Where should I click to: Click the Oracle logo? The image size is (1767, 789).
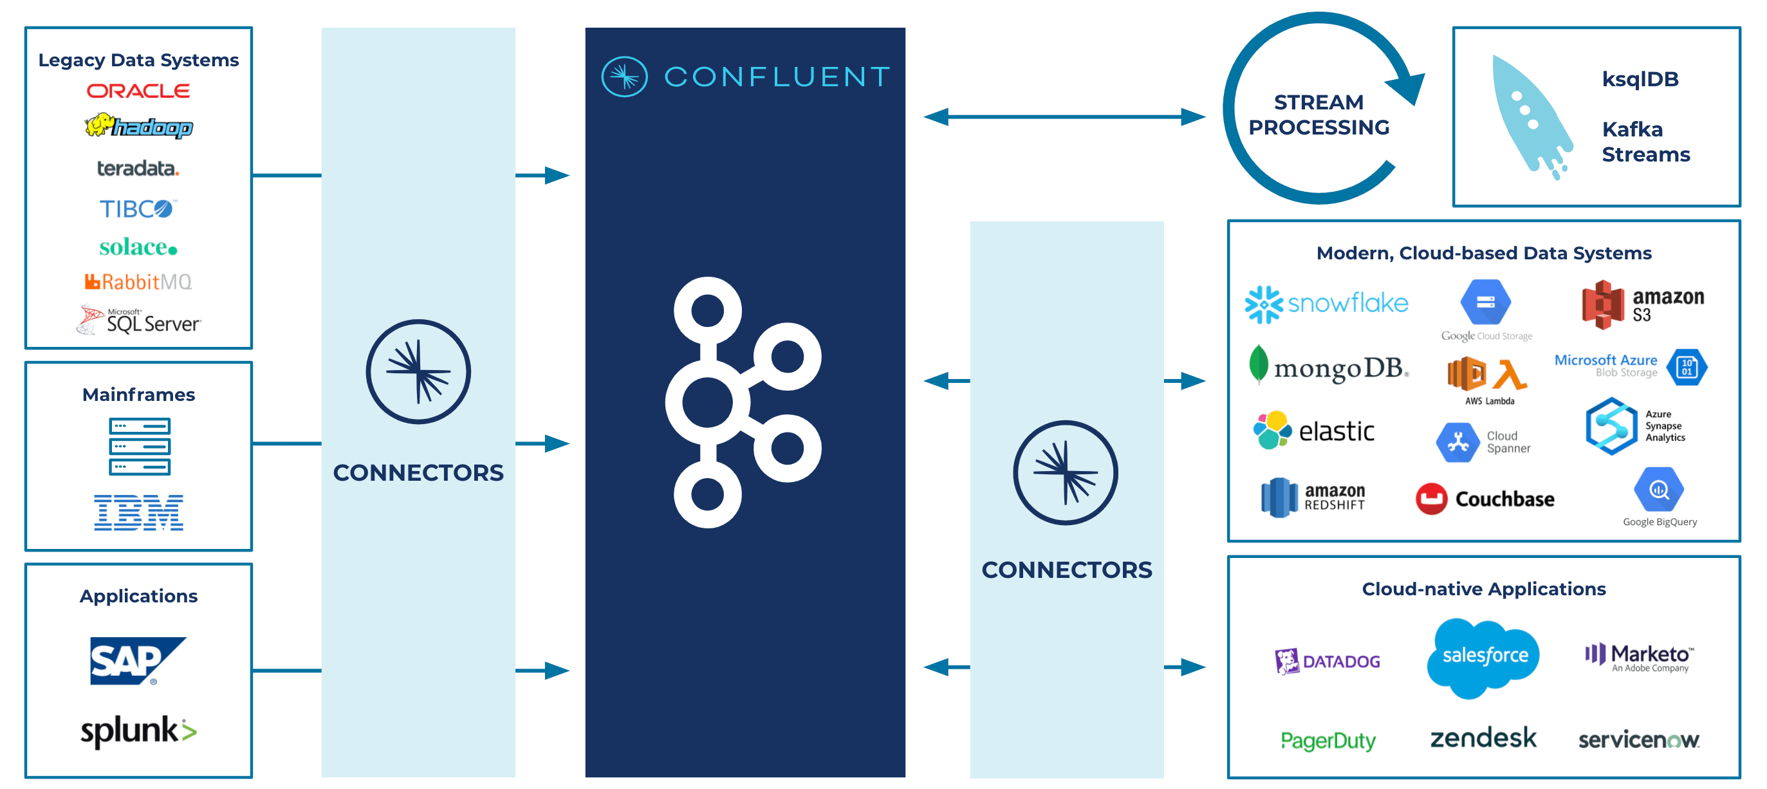pos(138,91)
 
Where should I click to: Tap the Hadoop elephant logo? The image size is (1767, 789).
pos(138,126)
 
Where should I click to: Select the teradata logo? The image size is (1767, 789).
pos(138,168)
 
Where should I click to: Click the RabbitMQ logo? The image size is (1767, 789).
pos(138,282)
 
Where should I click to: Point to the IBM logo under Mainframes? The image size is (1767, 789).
pos(138,512)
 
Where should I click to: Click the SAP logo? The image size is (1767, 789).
pos(136,660)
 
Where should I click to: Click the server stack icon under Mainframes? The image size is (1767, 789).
pos(139,446)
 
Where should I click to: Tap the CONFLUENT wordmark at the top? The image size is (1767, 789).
pos(777,77)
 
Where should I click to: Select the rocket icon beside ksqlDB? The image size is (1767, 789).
pos(1531,116)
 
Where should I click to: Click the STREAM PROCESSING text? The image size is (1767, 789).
pos(1318,115)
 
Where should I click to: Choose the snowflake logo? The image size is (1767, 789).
pos(1326,303)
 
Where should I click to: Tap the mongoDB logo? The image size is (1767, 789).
pos(1328,367)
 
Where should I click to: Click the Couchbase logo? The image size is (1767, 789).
pos(1485,499)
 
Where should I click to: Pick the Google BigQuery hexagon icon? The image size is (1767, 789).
pos(1659,489)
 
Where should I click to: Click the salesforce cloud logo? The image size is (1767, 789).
pos(1484,656)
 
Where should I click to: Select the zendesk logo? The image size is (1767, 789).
pos(1483,738)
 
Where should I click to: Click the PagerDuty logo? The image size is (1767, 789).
pos(1328,740)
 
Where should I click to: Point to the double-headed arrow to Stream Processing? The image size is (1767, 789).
pos(1064,116)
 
